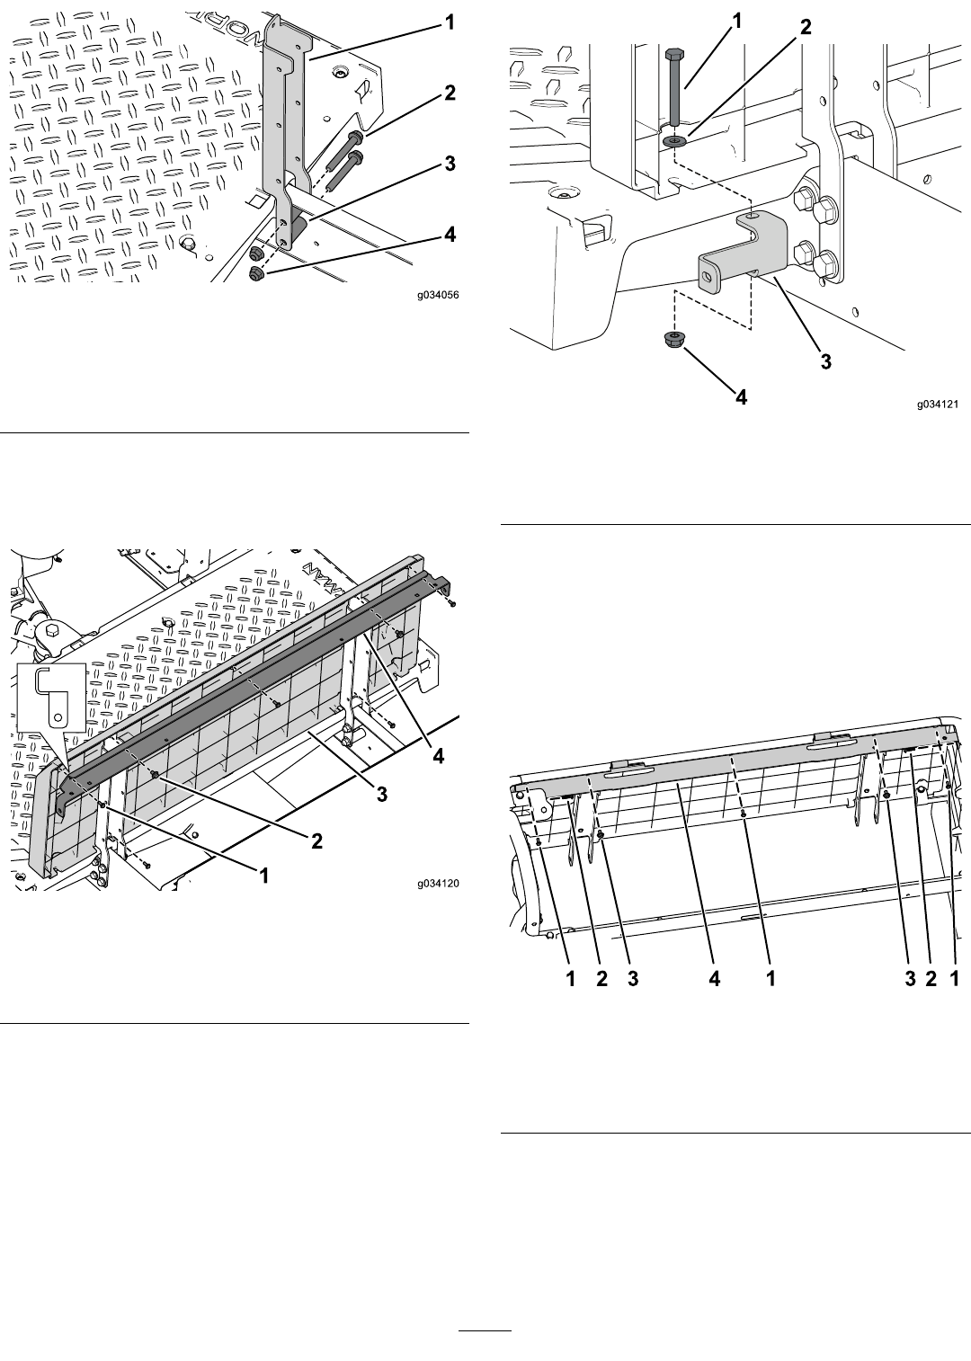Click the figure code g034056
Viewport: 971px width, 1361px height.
point(438,296)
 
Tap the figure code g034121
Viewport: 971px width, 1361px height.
point(938,404)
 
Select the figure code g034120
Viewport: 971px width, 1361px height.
point(438,884)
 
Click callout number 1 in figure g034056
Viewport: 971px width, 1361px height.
point(450,23)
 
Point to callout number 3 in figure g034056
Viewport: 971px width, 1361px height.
point(450,164)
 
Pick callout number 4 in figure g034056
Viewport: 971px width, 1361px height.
point(450,235)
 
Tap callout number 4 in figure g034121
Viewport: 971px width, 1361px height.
point(742,396)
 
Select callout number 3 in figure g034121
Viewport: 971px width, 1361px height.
point(825,360)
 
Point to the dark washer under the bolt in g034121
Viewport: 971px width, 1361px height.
point(674,141)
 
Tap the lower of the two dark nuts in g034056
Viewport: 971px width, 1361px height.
point(256,273)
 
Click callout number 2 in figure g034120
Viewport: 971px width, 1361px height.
point(316,841)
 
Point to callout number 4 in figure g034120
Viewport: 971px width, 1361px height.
point(438,756)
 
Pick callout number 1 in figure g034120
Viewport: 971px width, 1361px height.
point(264,876)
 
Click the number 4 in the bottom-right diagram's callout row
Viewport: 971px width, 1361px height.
point(715,979)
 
